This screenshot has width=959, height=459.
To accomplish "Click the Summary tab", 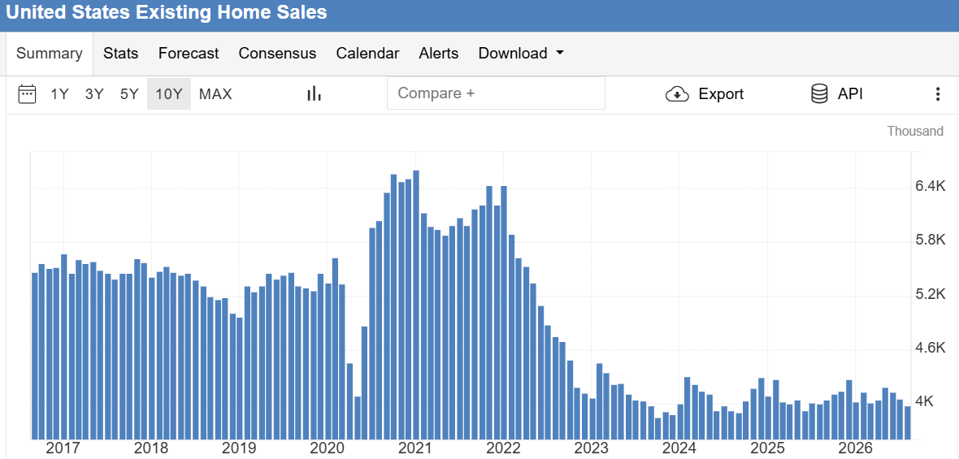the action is coord(49,53).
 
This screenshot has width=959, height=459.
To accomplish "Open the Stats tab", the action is coord(120,53).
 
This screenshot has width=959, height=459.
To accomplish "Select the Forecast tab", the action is coord(189,53).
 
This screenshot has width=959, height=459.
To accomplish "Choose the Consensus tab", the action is coord(277,53).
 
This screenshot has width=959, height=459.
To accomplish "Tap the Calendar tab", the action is coord(367,53).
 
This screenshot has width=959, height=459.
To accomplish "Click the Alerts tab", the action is coord(439,53).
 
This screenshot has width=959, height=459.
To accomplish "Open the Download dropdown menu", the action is coord(520,53).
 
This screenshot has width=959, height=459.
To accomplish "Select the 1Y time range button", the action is coord(59,94).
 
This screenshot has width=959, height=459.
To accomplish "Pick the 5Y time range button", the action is coord(129,94).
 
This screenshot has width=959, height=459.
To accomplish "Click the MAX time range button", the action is coord(215,94).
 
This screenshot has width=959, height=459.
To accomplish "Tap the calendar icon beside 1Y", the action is coord(27,94).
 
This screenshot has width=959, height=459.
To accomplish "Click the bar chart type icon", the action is coord(315,93).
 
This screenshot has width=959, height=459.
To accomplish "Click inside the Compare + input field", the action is coord(496,93).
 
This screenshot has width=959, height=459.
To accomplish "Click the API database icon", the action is coord(819,93).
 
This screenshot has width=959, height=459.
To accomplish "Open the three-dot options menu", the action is coord(938,94).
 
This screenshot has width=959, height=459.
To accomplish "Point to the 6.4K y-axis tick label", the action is coord(931,186).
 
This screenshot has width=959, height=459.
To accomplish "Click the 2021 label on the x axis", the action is coord(415,448).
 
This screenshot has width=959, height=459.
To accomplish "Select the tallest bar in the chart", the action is coord(416,305).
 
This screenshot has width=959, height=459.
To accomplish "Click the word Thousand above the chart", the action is coord(915,132).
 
